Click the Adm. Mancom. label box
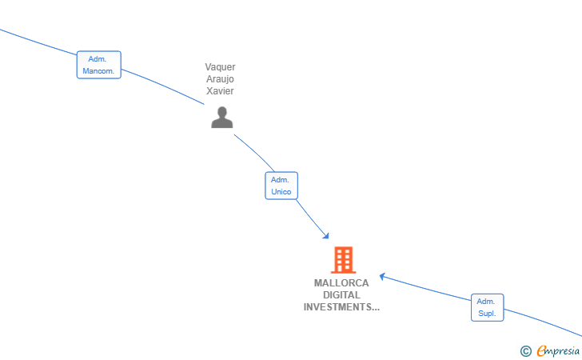(99, 65)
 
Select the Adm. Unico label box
(281, 186)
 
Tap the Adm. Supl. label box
(488, 308)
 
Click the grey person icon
(222, 118)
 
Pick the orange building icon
(343, 260)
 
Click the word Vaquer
(220, 67)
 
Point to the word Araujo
(220, 79)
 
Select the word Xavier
(220, 91)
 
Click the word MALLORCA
(341, 283)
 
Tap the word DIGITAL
(341, 295)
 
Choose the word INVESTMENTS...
(337, 307)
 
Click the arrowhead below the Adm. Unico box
(326, 235)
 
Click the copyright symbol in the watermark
(525, 351)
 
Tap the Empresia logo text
(558, 350)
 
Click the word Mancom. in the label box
(98, 71)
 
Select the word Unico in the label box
(281, 192)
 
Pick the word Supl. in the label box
(487, 313)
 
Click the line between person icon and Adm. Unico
(255, 152)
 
